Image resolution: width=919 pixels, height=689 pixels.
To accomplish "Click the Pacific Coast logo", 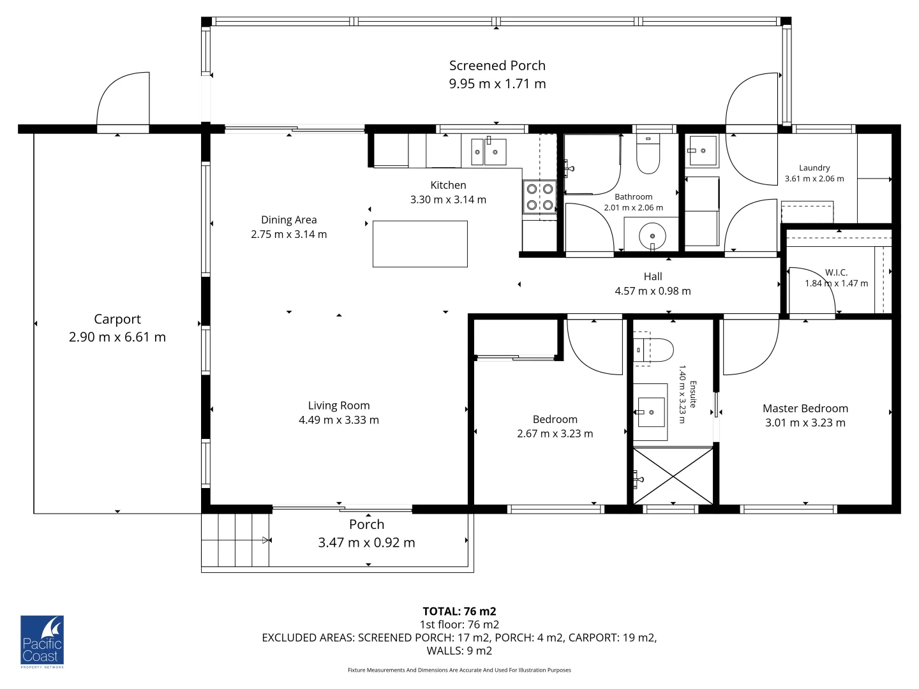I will (x=42, y=641).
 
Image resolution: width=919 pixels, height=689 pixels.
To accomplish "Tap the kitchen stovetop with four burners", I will (x=539, y=196).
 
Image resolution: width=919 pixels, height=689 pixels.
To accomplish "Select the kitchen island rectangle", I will (x=420, y=244).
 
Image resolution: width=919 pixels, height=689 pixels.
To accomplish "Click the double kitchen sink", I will (x=488, y=152).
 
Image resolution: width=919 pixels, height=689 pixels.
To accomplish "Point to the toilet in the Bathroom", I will (x=648, y=157).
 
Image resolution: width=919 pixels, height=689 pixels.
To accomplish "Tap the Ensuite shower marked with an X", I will (x=673, y=476).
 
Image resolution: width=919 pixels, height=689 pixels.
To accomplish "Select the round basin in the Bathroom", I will (x=652, y=236).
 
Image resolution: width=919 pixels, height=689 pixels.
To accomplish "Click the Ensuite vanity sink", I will (x=650, y=412).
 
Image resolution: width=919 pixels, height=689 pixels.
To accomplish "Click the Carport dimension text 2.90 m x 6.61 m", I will (x=117, y=337).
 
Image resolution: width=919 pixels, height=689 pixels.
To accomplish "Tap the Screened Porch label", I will (x=497, y=65).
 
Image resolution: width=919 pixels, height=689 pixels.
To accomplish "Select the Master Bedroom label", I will (x=805, y=408).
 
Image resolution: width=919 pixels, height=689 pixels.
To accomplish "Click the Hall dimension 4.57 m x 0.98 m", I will (x=652, y=291).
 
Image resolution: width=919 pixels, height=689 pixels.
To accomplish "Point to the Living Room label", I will (x=339, y=405).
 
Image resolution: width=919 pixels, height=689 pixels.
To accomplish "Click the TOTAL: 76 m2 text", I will (x=459, y=611).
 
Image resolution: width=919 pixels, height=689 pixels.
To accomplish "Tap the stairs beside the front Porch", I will (x=235, y=540).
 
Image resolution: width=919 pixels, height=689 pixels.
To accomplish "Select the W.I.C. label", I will (x=836, y=272).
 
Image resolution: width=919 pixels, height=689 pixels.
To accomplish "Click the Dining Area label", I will (x=288, y=219).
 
